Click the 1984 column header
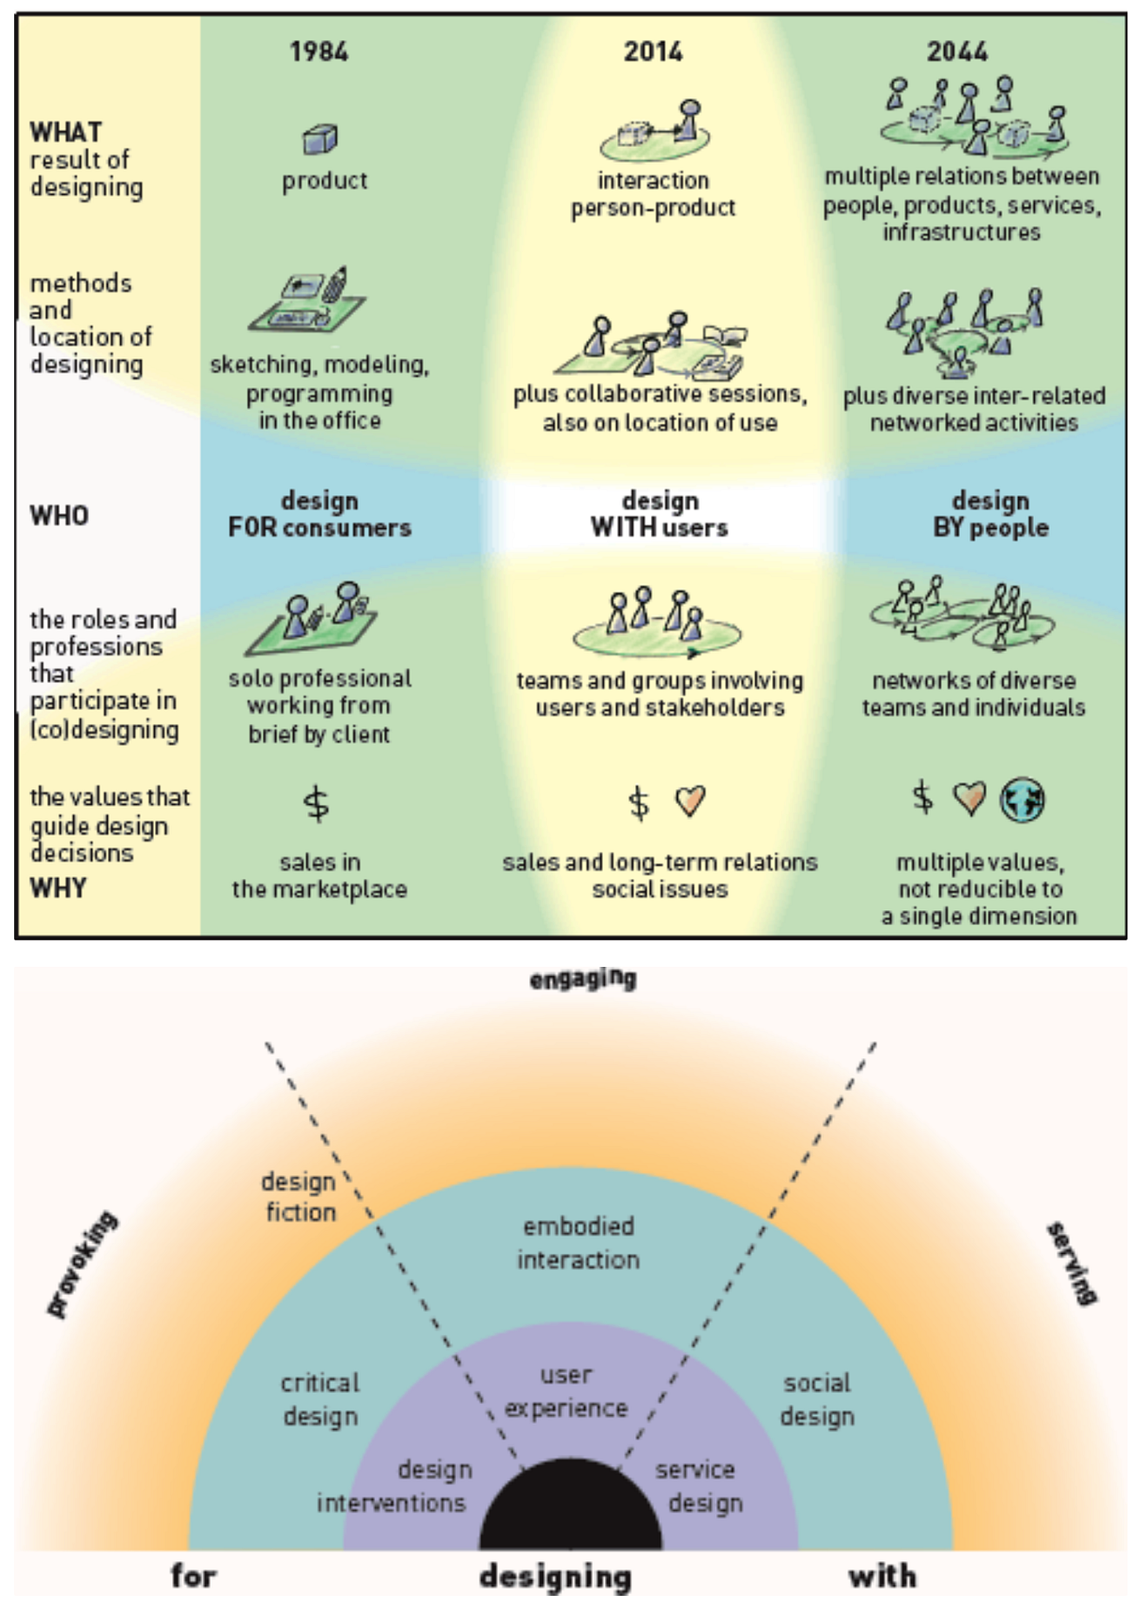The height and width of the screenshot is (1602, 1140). pos(319,52)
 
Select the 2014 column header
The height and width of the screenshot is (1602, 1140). pos(653,52)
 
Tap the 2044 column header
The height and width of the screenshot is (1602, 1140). pos(957,52)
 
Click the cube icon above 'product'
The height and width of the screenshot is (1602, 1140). pos(320,138)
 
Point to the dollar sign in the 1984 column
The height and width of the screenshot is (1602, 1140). pos(316,803)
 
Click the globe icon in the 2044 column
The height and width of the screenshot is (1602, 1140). pos(1022,800)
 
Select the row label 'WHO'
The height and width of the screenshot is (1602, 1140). pos(59,516)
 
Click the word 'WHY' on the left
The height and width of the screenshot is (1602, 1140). pos(58,888)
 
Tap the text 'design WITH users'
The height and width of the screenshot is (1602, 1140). pos(659,514)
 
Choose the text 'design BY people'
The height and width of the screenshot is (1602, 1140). pos(990,514)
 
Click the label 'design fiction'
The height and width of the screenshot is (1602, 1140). pos(299,1197)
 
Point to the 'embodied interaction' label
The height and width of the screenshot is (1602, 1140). pos(578,1243)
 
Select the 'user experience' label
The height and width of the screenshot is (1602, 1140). pos(566,1391)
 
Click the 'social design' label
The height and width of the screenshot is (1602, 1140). pos(817,1399)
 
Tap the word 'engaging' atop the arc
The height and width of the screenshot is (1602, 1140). pos(582,980)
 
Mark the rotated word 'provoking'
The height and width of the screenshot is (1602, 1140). pos(82,1265)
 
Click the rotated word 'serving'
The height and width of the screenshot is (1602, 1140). pos(1071,1264)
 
